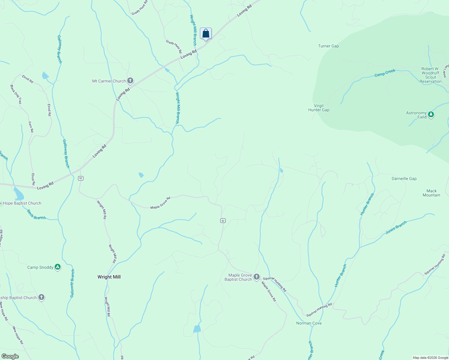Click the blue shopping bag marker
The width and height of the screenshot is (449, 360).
(x=206, y=33)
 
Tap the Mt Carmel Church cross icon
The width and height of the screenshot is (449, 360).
(x=130, y=81)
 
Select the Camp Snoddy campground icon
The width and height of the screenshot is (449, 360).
(x=58, y=267)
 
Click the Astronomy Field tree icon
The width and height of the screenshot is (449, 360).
(x=431, y=114)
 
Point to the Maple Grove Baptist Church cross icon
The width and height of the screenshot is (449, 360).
(x=256, y=277)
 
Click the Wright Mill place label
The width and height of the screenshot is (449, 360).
(x=109, y=277)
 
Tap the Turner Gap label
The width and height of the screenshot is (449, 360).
(x=328, y=46)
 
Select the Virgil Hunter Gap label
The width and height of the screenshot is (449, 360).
(x=319, y=108)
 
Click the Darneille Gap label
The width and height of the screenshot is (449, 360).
(x=404, y=178)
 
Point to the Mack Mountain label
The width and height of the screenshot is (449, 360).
(x=431, y=193)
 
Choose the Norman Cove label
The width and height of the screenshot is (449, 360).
(x=309, y=323)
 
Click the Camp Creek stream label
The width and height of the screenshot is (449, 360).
(x=385, y=73)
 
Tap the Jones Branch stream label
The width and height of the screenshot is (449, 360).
(x=396, y=227)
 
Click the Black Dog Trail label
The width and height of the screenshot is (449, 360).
(x=16, y=94)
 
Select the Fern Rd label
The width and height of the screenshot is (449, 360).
(x=31, y=127)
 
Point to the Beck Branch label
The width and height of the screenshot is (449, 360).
(x=36, y=215)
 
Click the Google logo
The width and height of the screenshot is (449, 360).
(x=10, y=356)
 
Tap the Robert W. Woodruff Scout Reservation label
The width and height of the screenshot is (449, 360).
(x=430, y=75)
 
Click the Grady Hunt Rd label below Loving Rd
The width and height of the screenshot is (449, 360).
(x=174, y=46)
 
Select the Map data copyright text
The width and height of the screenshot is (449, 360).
(x=430, y=358)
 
